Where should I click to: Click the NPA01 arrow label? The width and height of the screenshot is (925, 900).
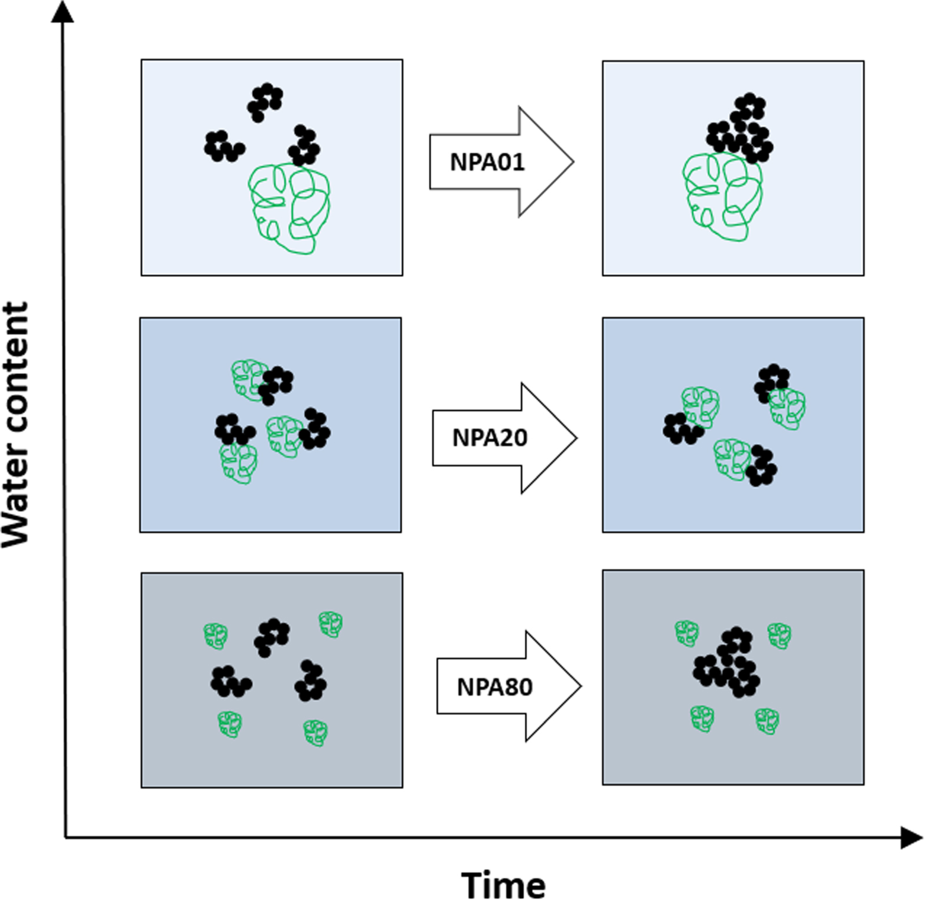[x=487, y=162]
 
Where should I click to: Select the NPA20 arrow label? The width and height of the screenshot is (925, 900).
[x=490, y=438]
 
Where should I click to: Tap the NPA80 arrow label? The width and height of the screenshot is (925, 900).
[x=494, y=687]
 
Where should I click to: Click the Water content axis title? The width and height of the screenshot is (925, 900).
[x=16, y=424]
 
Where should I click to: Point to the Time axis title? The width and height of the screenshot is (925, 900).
[x=503, y=885]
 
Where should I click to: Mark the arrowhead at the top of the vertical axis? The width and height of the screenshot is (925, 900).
[x=62, y=12]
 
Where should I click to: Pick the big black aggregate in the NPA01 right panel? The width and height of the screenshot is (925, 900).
[x=741, y=130]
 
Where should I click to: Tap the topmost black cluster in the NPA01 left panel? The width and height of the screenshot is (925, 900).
[x=265, y=102]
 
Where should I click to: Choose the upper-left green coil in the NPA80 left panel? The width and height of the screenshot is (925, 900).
[x=216, y=636]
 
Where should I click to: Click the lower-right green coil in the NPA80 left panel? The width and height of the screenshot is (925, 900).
[x=315, y=732]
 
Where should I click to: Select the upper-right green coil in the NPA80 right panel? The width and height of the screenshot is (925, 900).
[x=779, y=636]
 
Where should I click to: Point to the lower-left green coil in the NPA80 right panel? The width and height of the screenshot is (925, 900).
[x=702, y=718]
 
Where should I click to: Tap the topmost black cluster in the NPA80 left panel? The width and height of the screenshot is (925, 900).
[x=272, y=637]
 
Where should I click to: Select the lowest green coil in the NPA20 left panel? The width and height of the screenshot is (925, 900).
[x=239, y=463]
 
